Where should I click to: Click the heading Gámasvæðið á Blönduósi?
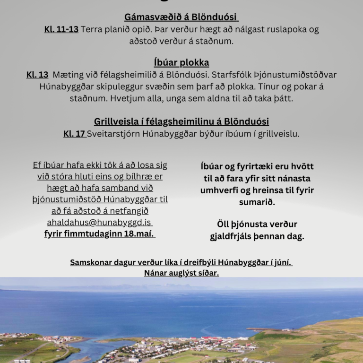[x=181, y=17]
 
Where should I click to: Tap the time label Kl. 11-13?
[x=61, y=29]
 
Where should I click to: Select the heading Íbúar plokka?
[x=181, y=62]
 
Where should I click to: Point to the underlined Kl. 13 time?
[x=37, y=75]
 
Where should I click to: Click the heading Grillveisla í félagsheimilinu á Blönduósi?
[x=181, y=121]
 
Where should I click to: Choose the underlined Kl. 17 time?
[x=74, y=134]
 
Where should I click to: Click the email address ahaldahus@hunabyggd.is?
[x=99, y=222]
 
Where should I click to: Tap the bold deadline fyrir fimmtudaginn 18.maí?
[x=100, y=233]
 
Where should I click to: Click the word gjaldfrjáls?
[x=230, y=236]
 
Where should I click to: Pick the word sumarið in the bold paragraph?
[x=257, y=202]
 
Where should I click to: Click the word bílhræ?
[x=140, y=177]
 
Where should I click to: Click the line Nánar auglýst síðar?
[x=181, y=273]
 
